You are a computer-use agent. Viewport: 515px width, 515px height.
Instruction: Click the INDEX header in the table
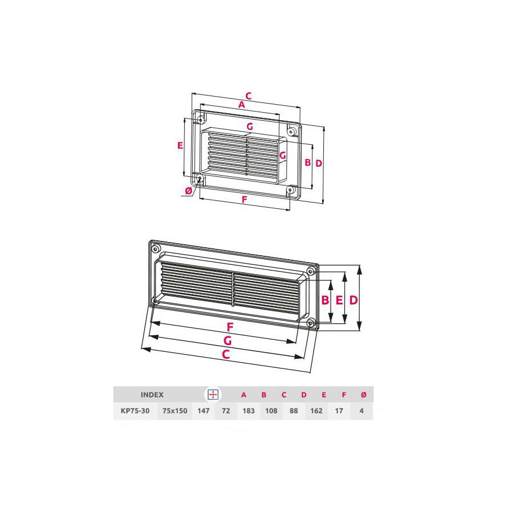coord(152,395)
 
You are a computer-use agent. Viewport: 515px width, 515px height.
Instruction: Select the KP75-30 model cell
coord(135,411)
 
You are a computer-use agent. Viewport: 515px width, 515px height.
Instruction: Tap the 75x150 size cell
coord(175,411)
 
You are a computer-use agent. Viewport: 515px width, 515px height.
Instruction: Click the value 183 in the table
coord(248,411)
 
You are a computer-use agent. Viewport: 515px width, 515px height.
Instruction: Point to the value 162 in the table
coord(316,411)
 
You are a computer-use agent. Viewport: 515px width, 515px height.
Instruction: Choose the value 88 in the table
coord(294,411)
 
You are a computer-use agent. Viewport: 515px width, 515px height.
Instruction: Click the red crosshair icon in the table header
coord(213,395)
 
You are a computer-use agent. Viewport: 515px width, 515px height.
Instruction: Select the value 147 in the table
coord(202,411)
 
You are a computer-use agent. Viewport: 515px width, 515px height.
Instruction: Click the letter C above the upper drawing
coord(248,96)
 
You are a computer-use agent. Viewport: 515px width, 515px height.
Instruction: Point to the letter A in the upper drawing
coord(241,105)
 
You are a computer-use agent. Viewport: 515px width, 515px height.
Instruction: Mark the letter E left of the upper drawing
coord(180,145)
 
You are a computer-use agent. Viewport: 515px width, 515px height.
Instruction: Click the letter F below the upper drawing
coord(244,200)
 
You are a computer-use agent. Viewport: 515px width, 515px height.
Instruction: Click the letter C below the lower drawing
coord(226,354)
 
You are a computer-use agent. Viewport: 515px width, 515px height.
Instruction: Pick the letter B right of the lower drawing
coord(324,300)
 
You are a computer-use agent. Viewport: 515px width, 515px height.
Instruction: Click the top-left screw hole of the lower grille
coord(156,249)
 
